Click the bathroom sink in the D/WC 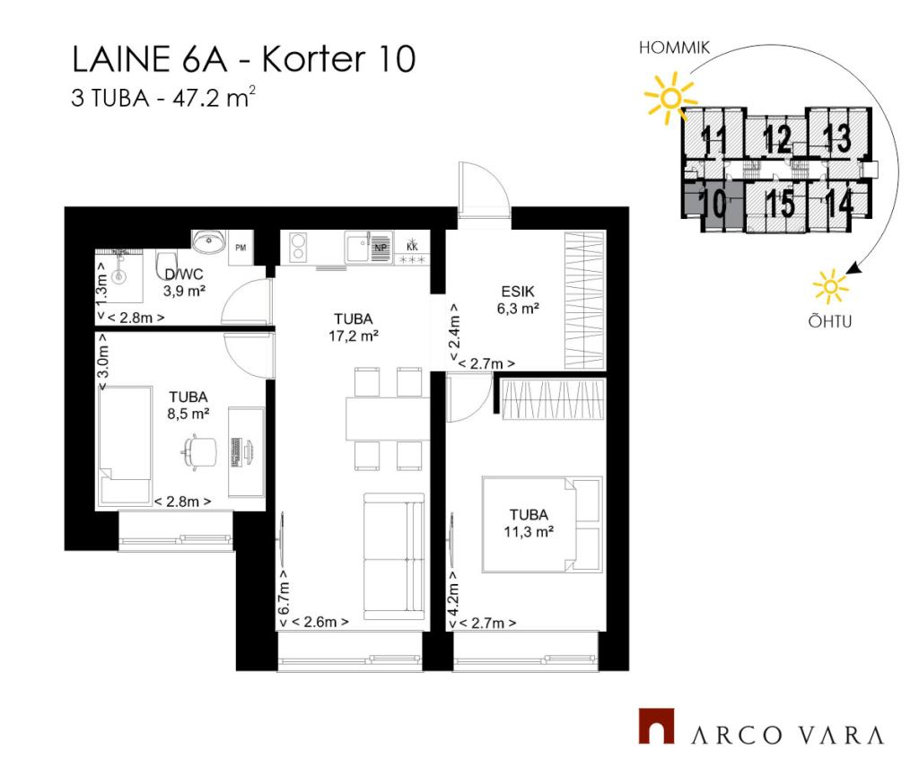point(208,241)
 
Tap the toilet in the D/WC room point(166,266)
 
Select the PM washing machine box point(241,248)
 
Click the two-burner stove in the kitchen point(298,247)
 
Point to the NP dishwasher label point(381,248)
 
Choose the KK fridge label point(412,248)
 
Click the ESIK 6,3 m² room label point(518,300)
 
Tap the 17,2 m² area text point(354,336)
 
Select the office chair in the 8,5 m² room point(198,450)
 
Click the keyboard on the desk point(237,452)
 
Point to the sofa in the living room point(394,556)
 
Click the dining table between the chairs point(388,418)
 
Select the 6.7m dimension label point(284,598)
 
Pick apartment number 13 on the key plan point(837,138)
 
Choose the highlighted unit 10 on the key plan point(713,204)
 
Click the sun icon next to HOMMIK point(670,98)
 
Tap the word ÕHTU point(830,322)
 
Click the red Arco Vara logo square point(656,727)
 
